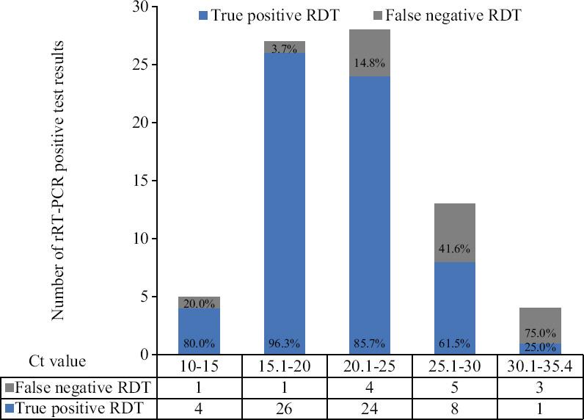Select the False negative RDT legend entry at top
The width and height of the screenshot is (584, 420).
pos(461,15)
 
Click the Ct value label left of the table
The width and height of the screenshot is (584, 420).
pos(56,361)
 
